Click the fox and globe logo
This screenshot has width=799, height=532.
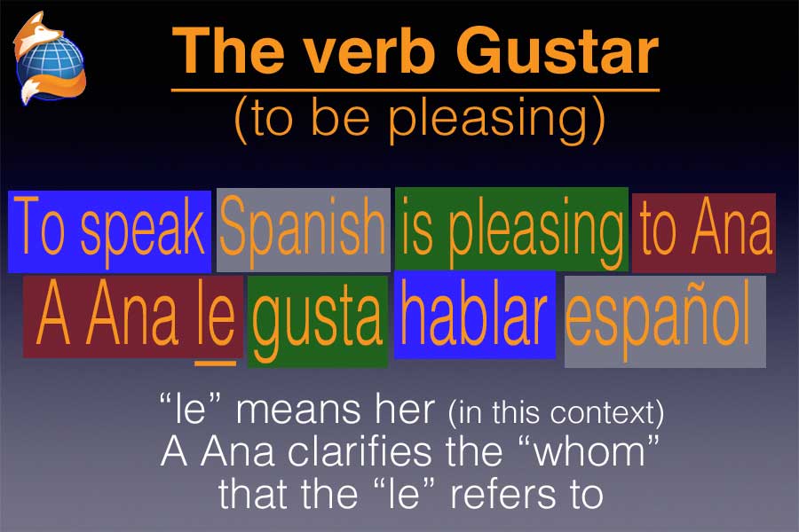[x=50, y=58]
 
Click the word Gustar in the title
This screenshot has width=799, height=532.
[x=557, y=51]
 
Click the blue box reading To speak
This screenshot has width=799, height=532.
[x=109, y=231]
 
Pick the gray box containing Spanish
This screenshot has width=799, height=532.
[x=304, y=231]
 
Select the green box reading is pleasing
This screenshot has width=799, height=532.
[x=511, y=229]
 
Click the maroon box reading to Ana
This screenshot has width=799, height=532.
[x=704, y=232]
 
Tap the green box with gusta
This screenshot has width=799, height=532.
[x=318, y=322]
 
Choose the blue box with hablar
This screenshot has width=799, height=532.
[x=474, y=315]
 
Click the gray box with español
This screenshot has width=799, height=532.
[x=665, y=322]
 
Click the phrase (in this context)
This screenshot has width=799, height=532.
[x=556, y=412]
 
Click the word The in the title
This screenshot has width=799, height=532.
[x=228, y=51]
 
